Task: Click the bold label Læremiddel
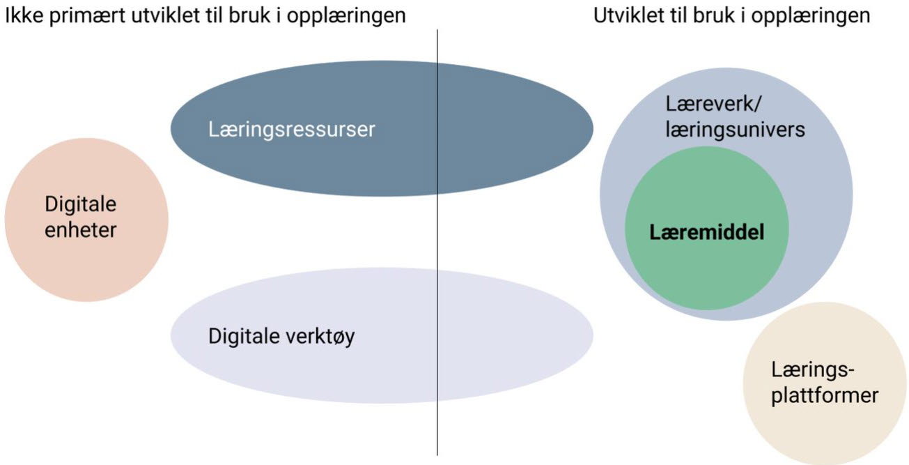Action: coord(706,232)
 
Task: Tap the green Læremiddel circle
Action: coord(706,272)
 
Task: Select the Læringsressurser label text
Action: coord(291,130)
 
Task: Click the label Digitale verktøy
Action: coord(281,337)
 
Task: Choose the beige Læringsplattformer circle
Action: coord(825,418)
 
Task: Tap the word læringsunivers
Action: coord(736,129)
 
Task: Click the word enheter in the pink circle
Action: coord(80,229)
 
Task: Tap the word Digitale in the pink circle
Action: coord(80,205)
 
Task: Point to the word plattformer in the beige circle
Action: coord(824,396)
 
